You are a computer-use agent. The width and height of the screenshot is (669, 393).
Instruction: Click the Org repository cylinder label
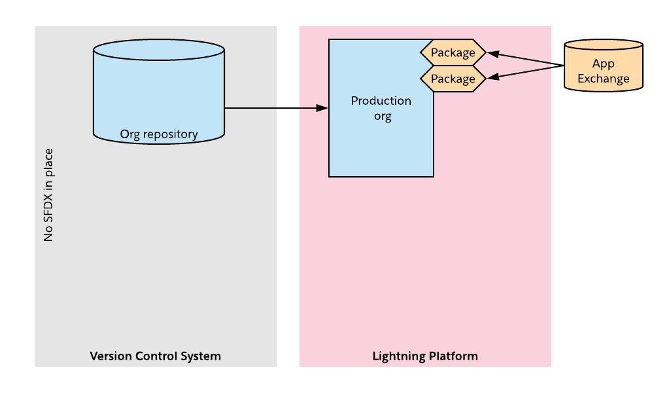tap(159, 134)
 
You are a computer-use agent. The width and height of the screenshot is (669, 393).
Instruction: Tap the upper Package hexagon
tap(453, 52)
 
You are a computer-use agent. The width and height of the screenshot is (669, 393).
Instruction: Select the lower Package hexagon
tap(453, 79)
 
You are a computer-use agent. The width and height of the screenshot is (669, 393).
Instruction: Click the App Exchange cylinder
tap(603, 65)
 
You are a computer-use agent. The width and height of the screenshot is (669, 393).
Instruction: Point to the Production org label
tap(381, 108)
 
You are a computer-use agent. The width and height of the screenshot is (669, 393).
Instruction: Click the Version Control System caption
tap(155, 356)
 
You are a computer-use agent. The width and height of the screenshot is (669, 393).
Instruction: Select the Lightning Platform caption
tap(425, 356)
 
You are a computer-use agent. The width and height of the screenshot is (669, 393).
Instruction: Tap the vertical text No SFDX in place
tap(48, 195)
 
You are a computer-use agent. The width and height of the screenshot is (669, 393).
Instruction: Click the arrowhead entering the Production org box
tap(322, 108)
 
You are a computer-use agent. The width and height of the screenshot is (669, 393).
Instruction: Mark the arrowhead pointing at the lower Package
tap(494, 77)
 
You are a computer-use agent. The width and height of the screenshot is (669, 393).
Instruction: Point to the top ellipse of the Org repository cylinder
tap(159, 49)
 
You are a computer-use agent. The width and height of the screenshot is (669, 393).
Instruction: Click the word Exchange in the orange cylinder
tap(603, 79)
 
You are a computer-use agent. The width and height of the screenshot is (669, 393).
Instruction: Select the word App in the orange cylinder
tap(603, 64)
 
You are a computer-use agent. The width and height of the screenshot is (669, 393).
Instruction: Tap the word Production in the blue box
tap(381, 101)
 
